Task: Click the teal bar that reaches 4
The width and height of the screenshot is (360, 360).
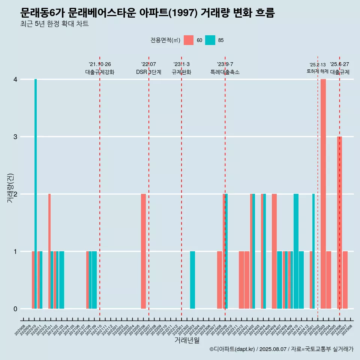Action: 36,193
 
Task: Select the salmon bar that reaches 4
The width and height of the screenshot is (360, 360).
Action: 323,193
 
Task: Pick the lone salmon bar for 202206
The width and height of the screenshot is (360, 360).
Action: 143,251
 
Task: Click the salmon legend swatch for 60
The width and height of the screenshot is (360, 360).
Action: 189,40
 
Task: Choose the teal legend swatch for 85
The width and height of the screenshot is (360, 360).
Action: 210,40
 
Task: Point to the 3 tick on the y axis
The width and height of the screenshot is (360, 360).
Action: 15,137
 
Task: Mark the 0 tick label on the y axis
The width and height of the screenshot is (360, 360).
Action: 15,309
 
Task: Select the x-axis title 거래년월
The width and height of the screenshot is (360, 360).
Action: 187,340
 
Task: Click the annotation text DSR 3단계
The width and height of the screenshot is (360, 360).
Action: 148,72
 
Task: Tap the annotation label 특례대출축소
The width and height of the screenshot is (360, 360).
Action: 225,72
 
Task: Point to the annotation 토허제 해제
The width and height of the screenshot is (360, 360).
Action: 317,71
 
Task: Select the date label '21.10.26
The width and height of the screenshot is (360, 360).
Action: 100,64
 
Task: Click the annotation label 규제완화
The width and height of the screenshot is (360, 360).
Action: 181,72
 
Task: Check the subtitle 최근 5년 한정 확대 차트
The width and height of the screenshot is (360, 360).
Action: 54,24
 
